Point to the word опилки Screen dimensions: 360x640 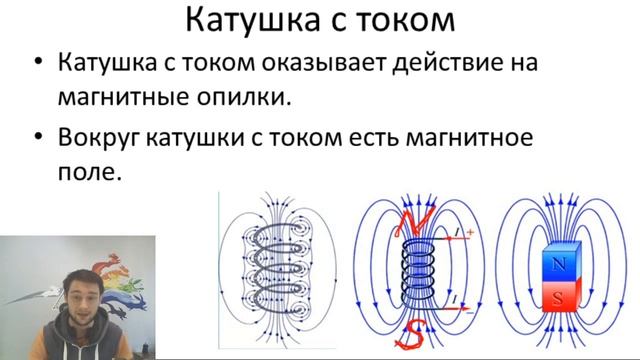[248, 99]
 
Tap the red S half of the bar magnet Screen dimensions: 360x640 [556, 298]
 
